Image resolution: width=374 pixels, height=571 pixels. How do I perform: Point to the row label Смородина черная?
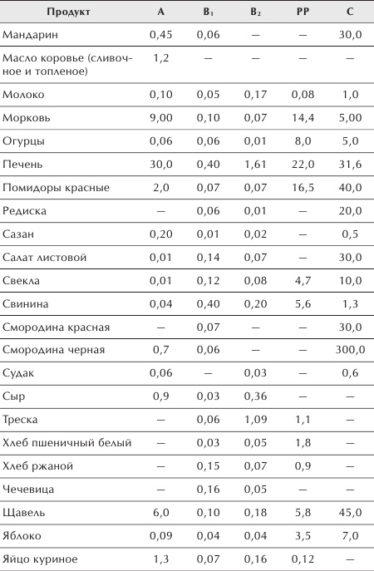pyautogui.click(x=54, y=349)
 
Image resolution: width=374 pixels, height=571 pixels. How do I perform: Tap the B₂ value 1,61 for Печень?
pyautogui.click(x=255, y=165)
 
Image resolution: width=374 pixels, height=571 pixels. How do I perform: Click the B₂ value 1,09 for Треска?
pyautogui.click(x=255, y=419)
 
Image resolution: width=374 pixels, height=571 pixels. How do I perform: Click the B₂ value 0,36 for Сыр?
pyautogui.click(x=255, y=396)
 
